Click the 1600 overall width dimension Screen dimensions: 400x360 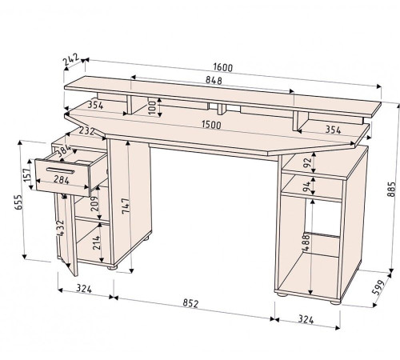click(223, 67)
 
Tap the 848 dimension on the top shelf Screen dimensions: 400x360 click(214, 80)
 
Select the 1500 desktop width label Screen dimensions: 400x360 click(211, 125)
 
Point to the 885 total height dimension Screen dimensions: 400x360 click(391, 189)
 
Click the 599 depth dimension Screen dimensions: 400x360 click(379, 287)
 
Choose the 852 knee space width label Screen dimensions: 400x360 click(190, 303)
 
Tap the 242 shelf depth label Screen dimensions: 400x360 click(71, 60)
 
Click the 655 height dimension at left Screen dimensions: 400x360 click(18, 202)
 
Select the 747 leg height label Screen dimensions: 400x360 click(126, 206)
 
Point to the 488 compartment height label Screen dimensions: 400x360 click(306, 242)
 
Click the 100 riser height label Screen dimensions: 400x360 click(152, 107)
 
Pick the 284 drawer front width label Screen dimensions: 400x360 click(62, 180)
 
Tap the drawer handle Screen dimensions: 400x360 click(60, 170)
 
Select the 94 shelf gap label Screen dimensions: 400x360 click(307, 186)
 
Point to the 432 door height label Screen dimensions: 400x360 click(60, 228)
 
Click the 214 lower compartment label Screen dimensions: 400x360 click(97, 242)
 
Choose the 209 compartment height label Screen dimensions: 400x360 click(94, 204)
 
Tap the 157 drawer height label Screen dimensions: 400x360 click(27, 175)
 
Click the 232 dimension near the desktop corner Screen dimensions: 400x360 click(87, 131)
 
